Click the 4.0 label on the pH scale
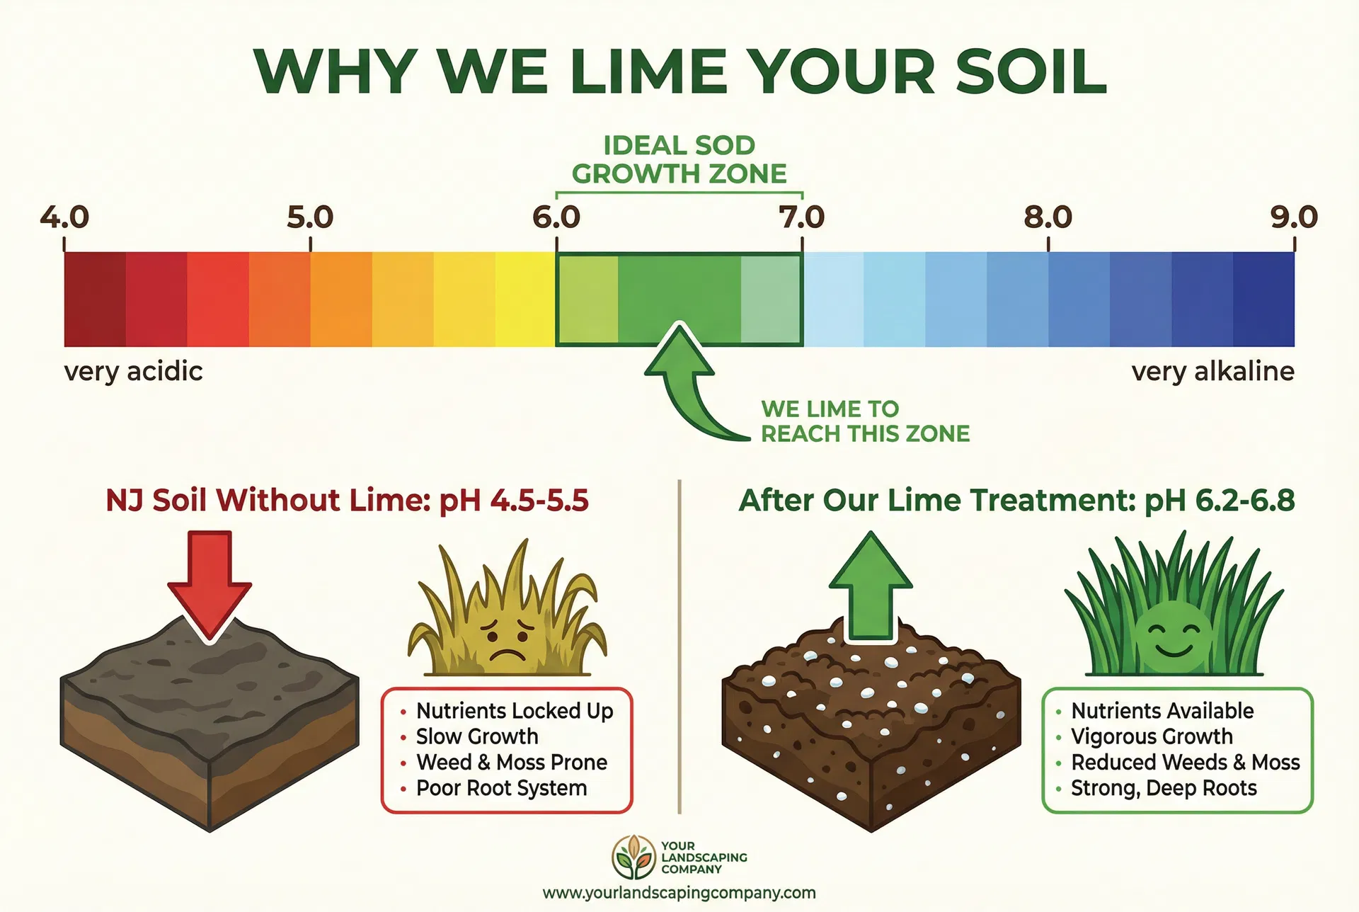[64, 217]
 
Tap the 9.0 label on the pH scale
[1294, 217]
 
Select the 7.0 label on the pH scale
[802, 217]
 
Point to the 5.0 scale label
[310, 217]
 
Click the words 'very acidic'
[133, 371]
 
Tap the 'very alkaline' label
[1212, 371]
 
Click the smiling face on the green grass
[1173, 632]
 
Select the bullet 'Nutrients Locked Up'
[514, 711]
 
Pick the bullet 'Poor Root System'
[501, 788]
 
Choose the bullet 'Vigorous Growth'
[1152, 736]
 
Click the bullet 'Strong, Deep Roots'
[1164, 788]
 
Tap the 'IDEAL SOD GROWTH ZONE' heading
[679, 159]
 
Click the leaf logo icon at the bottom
[633, 857]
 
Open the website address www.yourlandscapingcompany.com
[679, 893]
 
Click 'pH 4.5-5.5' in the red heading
[514, 501]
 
